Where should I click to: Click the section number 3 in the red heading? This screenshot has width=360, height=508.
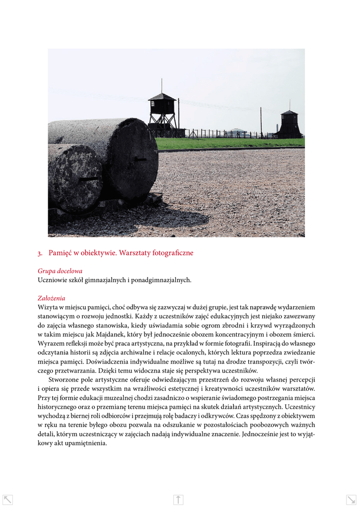tap(39, 253)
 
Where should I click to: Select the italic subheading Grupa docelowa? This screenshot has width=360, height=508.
tap(60, 271)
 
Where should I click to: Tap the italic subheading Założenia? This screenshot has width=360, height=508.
tap(51, 298)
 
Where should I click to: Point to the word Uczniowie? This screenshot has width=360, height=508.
tap(52, 280)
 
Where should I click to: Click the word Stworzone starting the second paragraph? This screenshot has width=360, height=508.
tap(65, 380)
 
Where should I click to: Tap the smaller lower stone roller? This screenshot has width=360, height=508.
tap(74, 179)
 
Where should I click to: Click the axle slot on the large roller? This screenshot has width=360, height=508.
tap(140, 160)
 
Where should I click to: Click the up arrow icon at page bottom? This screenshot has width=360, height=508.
tap(179, 500)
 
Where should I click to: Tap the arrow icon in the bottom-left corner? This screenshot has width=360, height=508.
tap(7, 500)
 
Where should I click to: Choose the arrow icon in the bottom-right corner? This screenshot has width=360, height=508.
tap(351, 500)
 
